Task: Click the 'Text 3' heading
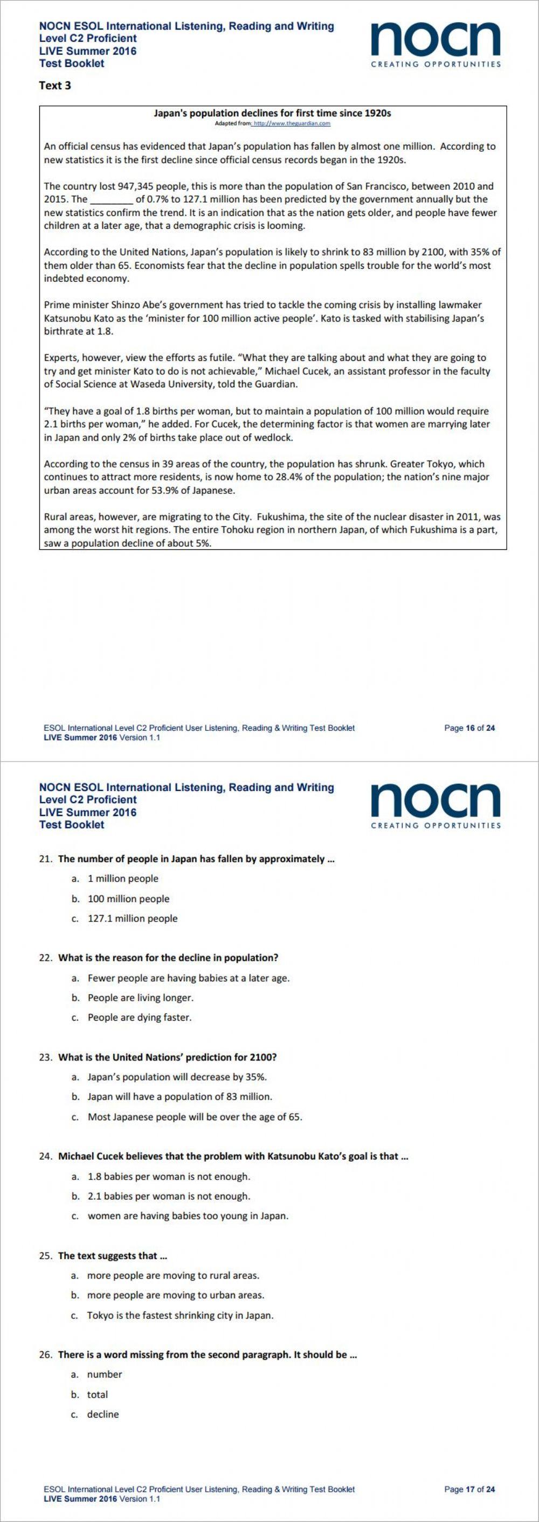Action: [55, 86]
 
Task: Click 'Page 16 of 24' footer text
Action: [469, 729]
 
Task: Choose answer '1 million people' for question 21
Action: [123, 878]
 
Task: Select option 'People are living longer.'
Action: [141, 998]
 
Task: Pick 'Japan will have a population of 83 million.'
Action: [179, 1097]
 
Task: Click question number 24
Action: [46, 1156]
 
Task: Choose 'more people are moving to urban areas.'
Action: [176, 1295]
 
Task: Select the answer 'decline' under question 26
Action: [103, 1414]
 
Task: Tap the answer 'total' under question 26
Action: [98, 1394]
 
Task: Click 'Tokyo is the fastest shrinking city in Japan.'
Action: [180, 1315]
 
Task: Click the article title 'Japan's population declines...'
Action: [272, 113]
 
